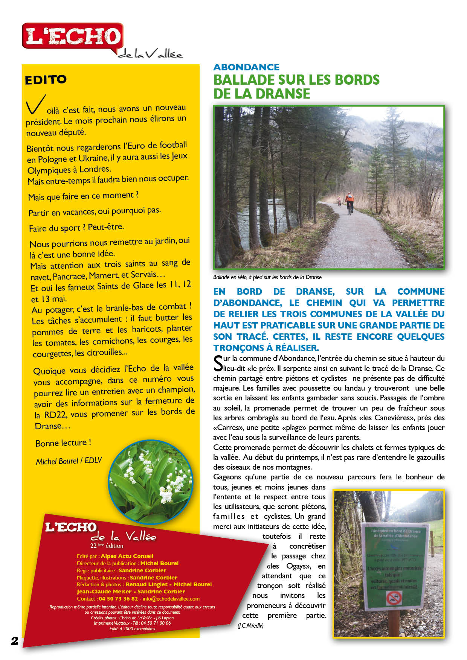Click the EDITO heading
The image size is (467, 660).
[46, 80]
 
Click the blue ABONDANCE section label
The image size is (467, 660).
[246, 67]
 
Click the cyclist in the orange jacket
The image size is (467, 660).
[349, 201]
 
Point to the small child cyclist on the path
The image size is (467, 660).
[339, 201]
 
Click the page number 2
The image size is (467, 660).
[15, 641]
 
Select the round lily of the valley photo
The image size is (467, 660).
[151, 482]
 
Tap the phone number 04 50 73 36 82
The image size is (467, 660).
[118, 599]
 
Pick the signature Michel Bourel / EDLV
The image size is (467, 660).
[69, 461]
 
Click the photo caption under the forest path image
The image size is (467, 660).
[267, 277]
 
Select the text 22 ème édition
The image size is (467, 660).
[107, 546]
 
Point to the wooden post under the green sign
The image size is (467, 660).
[394, 623]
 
